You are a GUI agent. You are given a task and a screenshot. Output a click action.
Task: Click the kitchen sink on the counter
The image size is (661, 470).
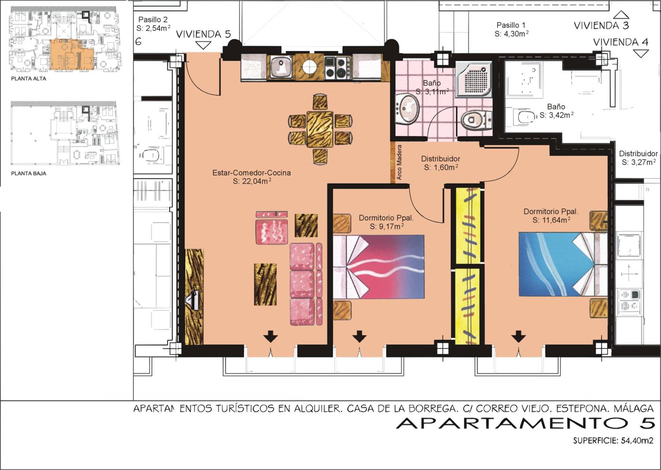281,67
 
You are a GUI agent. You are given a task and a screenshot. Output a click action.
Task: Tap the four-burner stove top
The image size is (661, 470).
338,68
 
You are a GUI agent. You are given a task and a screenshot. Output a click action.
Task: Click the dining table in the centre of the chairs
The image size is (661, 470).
320,129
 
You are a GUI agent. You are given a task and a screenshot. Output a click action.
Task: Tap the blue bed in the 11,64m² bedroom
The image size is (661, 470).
563,264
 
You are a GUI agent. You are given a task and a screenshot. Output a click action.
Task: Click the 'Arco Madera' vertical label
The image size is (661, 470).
399,162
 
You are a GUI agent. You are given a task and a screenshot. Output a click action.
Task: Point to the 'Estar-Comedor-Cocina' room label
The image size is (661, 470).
252,173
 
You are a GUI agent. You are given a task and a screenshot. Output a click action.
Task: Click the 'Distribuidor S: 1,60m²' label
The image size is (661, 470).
440,163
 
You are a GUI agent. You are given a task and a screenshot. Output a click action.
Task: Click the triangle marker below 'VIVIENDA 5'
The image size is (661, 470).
203,45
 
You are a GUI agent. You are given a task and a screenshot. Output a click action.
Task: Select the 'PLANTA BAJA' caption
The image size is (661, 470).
29,174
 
